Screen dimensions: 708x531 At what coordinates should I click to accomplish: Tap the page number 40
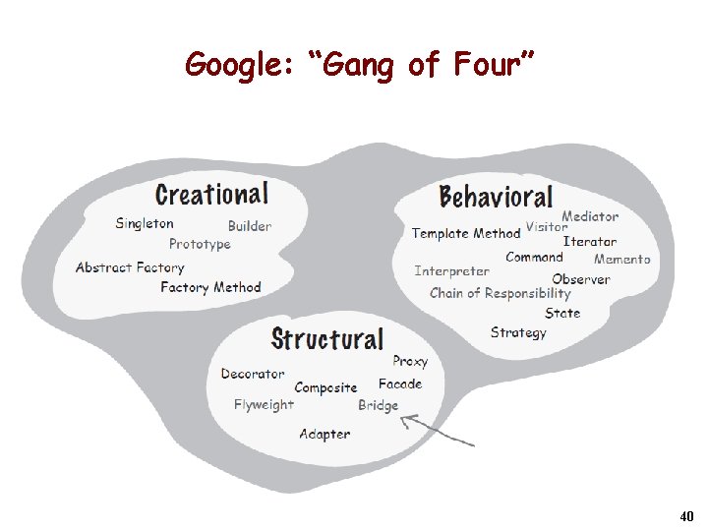point(686,515)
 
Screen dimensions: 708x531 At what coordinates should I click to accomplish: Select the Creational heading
point(211,194)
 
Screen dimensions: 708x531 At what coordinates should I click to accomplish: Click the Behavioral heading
point(496,197)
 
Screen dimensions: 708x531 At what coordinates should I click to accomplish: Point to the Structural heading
point(327,339)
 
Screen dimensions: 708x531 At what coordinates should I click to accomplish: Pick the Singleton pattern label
point(145,223)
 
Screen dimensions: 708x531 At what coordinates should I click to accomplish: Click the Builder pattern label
point(250,226)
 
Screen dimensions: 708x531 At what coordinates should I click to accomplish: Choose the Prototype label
point(200,244)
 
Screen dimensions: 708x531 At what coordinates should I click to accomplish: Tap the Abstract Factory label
point(130,267)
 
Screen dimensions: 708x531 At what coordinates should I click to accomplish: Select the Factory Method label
point(210,287)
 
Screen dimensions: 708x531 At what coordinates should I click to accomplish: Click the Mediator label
point(590,216)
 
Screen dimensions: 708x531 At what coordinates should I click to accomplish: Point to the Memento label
point(622,260)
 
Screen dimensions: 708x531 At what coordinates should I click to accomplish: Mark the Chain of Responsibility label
point(500,293)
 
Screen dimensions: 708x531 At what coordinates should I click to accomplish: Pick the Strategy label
point(518,332)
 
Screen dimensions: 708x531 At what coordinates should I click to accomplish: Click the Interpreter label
point(451,270)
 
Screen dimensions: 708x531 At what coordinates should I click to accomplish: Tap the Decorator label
point(253,374)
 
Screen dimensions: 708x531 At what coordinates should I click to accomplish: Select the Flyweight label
point(264,404)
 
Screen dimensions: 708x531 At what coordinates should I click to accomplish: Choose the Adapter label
point(324,434)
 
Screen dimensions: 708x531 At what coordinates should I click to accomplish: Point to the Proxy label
point(410,362)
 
